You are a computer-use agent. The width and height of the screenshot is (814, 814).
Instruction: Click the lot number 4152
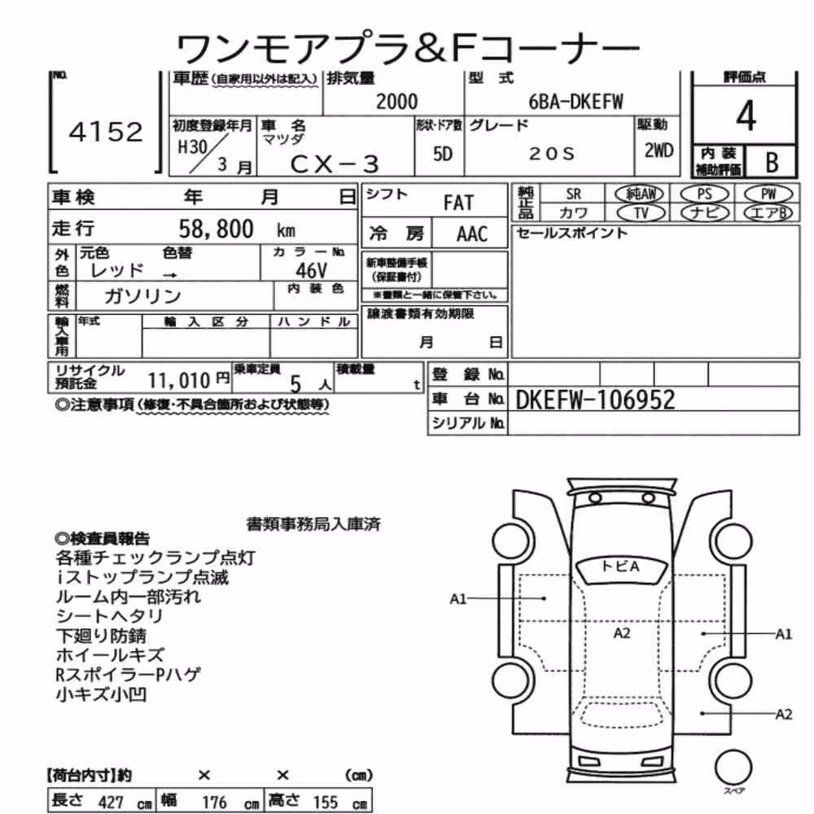(x=106, y=132)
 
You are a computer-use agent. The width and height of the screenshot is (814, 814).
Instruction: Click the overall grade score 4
(x=746, y=116)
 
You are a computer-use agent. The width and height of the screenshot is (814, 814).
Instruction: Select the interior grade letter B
(x=772, y=163)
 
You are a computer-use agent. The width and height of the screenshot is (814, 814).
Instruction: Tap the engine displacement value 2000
(x=396, y=102)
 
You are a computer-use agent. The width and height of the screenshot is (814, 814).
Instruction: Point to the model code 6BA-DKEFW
(x=575, y=102)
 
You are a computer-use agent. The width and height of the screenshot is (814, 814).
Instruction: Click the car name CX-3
(x=335, y=164)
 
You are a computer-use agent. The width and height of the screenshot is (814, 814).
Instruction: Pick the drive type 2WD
(x=659, y=151)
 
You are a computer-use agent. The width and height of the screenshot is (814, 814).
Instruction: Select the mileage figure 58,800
(x=216, y=229)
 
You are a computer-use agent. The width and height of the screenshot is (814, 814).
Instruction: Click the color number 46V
(x=312, y=270)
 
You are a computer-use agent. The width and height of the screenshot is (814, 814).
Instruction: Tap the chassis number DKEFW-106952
(x=596, y=400)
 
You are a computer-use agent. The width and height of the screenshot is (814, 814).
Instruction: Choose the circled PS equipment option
(x=704, y=195)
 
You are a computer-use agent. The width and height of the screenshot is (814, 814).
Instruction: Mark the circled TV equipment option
(x=641, y=212)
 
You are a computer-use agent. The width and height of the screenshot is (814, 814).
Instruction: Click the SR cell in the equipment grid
(x=573, y=195)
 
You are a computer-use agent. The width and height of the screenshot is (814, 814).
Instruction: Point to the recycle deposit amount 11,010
(x=179, y=381)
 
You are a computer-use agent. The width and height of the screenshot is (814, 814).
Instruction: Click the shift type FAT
(x=458, y=203)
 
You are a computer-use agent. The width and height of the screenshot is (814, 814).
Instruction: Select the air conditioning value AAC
(x=472, y=234)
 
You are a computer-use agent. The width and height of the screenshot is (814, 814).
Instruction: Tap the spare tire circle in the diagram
(x=733, y=768)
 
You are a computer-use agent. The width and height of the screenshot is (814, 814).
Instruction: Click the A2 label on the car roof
(x=621, y=632)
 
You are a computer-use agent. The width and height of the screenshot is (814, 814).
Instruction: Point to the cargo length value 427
(x=111, y=802)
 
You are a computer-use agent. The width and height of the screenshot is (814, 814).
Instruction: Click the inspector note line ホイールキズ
(x=110, y=654)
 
